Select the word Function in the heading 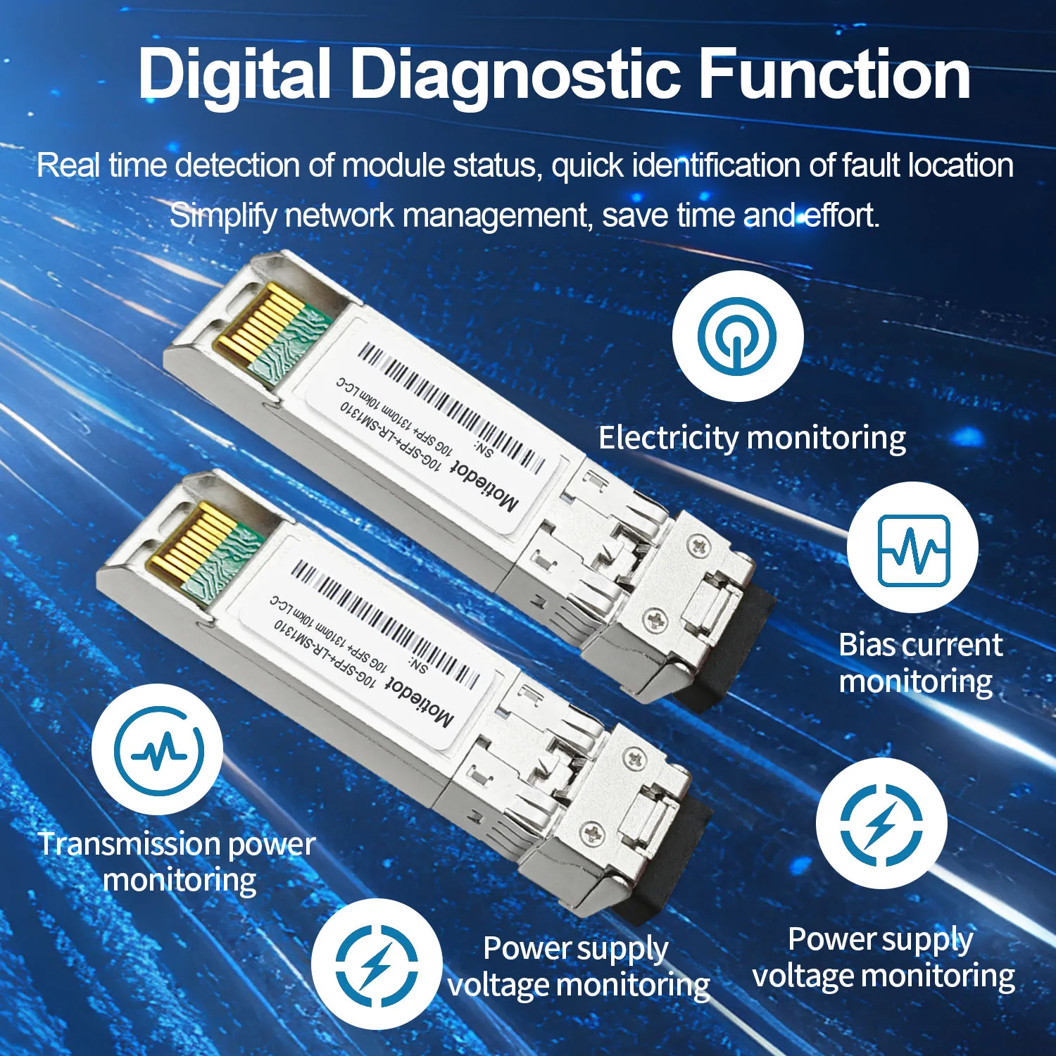click(x=835, y=73)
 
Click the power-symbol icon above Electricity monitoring click(x=737, y=336)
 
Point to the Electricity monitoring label click(x=752, y=438)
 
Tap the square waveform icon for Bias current click(x=913, y=550)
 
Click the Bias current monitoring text click(x=920, y=663)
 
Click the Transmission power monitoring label click(x=177, y=862)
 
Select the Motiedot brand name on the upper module click(x=485, y=485)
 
